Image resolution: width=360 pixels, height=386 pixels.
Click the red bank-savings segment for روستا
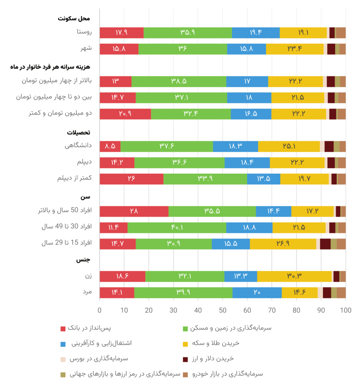pos(122,33)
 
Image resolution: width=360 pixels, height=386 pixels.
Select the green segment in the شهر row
pos(183,49)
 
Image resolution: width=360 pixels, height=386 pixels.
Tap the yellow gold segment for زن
pos(294,276)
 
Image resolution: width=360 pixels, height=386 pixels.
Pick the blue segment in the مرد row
pos(257,293)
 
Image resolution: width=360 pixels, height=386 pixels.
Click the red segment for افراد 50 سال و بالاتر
pos(134,211)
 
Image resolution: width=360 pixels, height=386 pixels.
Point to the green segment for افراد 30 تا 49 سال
pos(177,228)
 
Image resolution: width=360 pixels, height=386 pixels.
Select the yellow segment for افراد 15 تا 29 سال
pos(283,244)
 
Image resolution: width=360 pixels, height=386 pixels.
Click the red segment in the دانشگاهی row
pos(110,146)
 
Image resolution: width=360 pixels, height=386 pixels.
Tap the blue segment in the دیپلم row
pos(247,162)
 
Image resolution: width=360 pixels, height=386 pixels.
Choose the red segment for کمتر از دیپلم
pos(131,179)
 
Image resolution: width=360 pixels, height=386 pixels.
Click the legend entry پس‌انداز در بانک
pos(89,328)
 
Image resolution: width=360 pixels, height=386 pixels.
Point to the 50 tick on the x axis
pos(223,310)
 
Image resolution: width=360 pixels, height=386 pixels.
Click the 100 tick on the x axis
pos(345,310)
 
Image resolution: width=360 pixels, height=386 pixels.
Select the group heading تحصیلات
pos(78,133)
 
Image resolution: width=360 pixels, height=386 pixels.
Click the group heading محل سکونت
pos(74,18)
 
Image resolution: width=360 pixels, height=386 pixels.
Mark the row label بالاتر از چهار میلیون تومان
pos(55,81)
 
